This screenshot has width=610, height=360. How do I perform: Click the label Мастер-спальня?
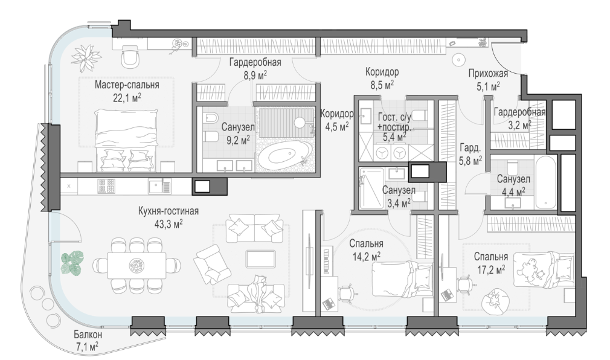click(127, 85)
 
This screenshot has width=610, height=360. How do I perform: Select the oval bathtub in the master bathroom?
click(285, 155)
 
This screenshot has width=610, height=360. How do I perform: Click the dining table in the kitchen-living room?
click(136, 265)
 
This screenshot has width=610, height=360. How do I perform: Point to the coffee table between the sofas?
click(261, 259)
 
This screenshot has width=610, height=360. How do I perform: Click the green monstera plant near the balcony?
click(72, 262)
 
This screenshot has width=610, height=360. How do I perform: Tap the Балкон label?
click(88, 334)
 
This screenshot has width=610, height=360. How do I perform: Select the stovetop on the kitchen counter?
click(106, 185)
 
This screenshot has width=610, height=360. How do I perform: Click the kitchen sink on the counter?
click(159, 186)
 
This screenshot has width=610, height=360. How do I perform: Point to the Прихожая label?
click(488, 74)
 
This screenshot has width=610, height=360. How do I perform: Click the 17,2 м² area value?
click(491, 269)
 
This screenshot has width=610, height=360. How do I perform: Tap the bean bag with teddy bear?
click(495, 300)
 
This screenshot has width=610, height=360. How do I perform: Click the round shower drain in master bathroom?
click(300, 122)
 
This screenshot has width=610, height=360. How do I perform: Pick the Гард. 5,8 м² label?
click(470, 154)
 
